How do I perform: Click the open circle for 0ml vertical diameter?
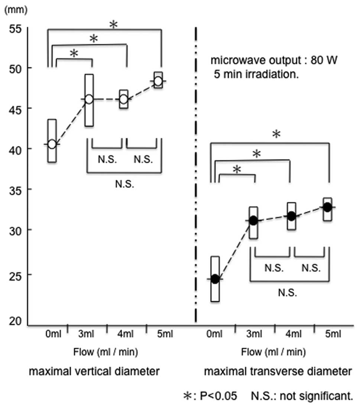pyautogui.click(x=52, y=144)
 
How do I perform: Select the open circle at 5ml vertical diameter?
pyautogui.click(x=158, y=81)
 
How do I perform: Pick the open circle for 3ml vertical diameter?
pyautogui.click(x=89, y=99)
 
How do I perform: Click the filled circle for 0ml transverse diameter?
pyautogui.click(x=215, y=279)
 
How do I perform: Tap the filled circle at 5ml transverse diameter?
pyautogui.click(x=327, y=207)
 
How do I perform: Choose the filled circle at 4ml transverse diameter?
pyautogui.click(x=292, y=216)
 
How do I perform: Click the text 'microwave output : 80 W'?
pyautogui.click(x=274, y=60)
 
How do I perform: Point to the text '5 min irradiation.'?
pyautogui.click(x=256, y=74)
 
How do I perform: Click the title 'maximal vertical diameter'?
pyautogui.click(x=95, y=371)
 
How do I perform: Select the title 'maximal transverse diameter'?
pyautogui.click(x=278, y=371)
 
